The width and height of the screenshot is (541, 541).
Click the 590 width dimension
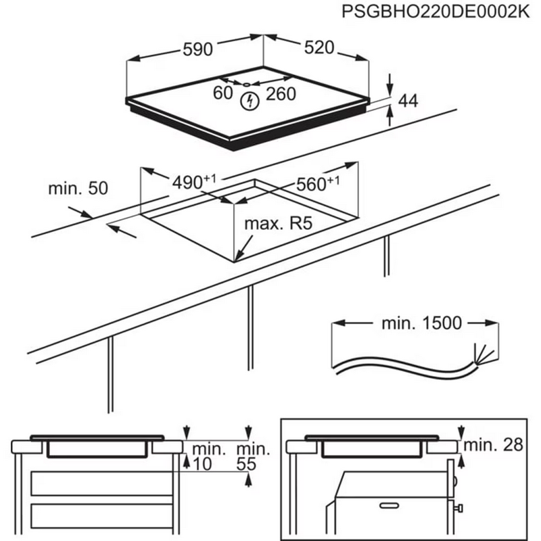pyautogui.click(x=197, y=49)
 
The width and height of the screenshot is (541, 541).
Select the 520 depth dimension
pyautogui.click(x=319, y=47)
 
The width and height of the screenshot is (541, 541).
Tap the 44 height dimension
pyautogui.click(x=407, y=101)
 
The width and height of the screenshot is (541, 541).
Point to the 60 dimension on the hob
pyautogui.click(x=222, y=94)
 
